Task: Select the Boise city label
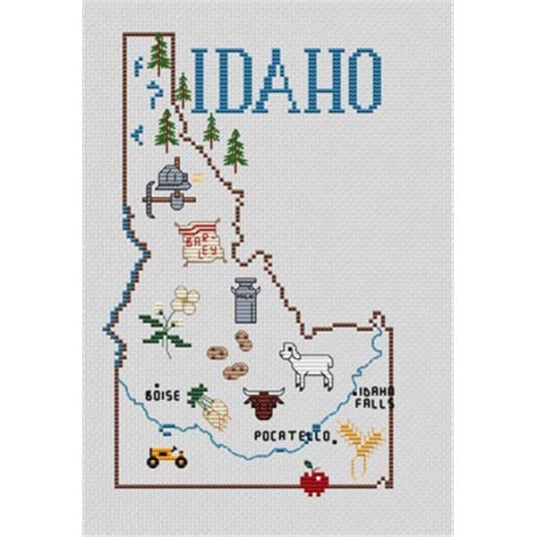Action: (162, 395)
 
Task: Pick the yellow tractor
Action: (166, 456)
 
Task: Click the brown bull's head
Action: (263, 405)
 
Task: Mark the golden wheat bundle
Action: (361, 447)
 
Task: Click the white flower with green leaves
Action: (173, 318)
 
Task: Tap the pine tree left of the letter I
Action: (159, 55)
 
